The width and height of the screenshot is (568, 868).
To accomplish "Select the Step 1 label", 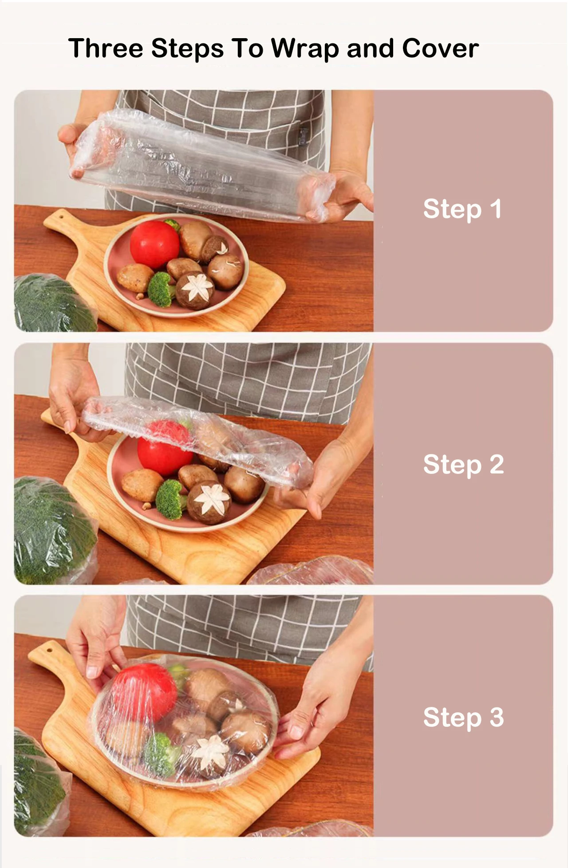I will click(462, 209).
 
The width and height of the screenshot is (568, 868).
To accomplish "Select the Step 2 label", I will click(463, 464).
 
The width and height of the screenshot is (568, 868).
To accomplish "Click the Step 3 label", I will click(463, 717).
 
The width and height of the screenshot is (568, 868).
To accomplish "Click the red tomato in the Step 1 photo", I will click(154, 245).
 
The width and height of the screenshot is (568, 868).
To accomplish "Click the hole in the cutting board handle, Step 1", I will click(61, 217).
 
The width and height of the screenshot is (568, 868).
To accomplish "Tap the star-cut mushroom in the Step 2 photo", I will click(209, 501).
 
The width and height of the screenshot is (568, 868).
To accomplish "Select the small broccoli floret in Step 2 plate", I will click(170, 499).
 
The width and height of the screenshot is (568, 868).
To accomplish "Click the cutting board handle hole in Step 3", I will click(49, 651).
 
